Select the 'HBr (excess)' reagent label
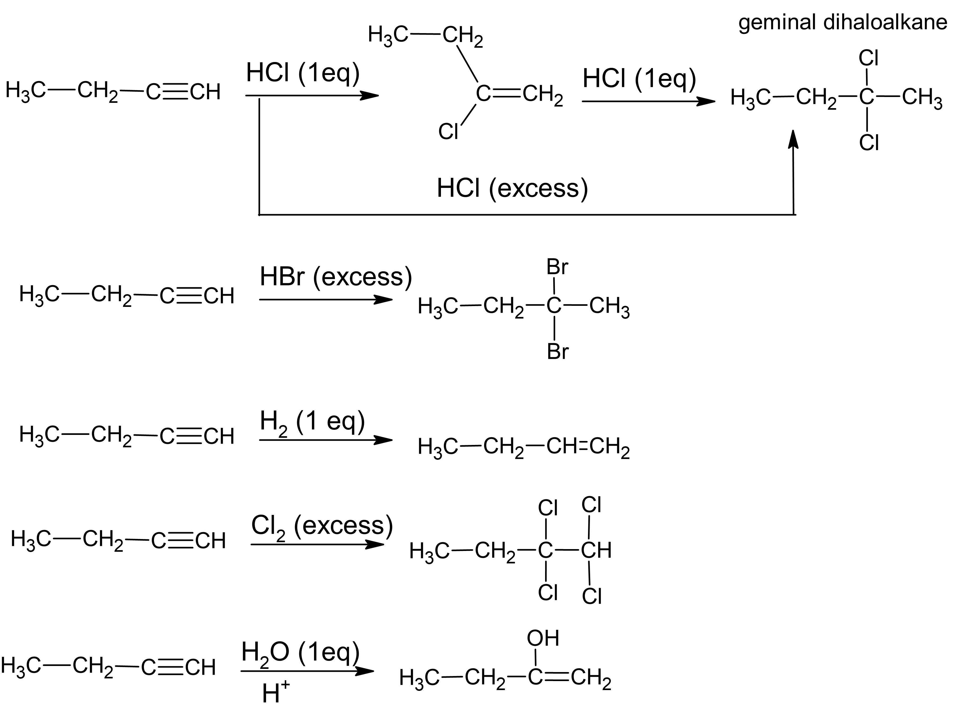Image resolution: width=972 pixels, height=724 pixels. [336, 277]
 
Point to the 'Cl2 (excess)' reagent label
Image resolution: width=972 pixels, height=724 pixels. [322, 526]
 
